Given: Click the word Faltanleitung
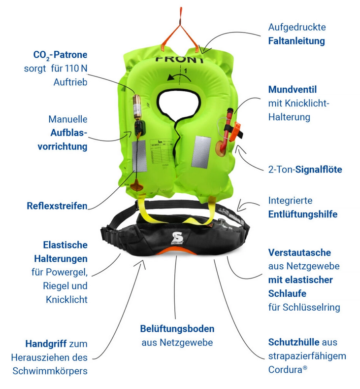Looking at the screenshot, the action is tap(296, 41).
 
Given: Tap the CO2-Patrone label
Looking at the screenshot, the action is tap(60, 55).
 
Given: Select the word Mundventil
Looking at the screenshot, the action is tap(293, 89).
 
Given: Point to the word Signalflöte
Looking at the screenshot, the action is tap(319, 170).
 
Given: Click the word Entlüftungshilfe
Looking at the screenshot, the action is tap(303, 214).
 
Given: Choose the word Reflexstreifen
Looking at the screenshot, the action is tap(57, 206).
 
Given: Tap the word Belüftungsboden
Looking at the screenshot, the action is tap(177, 329).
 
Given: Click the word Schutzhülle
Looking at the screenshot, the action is tap(294, 342).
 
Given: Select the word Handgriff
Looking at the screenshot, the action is tap(46, 344).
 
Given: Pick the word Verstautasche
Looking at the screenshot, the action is tap(299, 252).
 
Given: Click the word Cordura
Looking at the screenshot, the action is tap(285, 370).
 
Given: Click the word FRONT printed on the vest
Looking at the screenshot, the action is tap(179, 60).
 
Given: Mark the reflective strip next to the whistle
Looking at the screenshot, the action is tap(201, 152).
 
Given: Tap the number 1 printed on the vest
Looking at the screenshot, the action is tap(185, 71).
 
